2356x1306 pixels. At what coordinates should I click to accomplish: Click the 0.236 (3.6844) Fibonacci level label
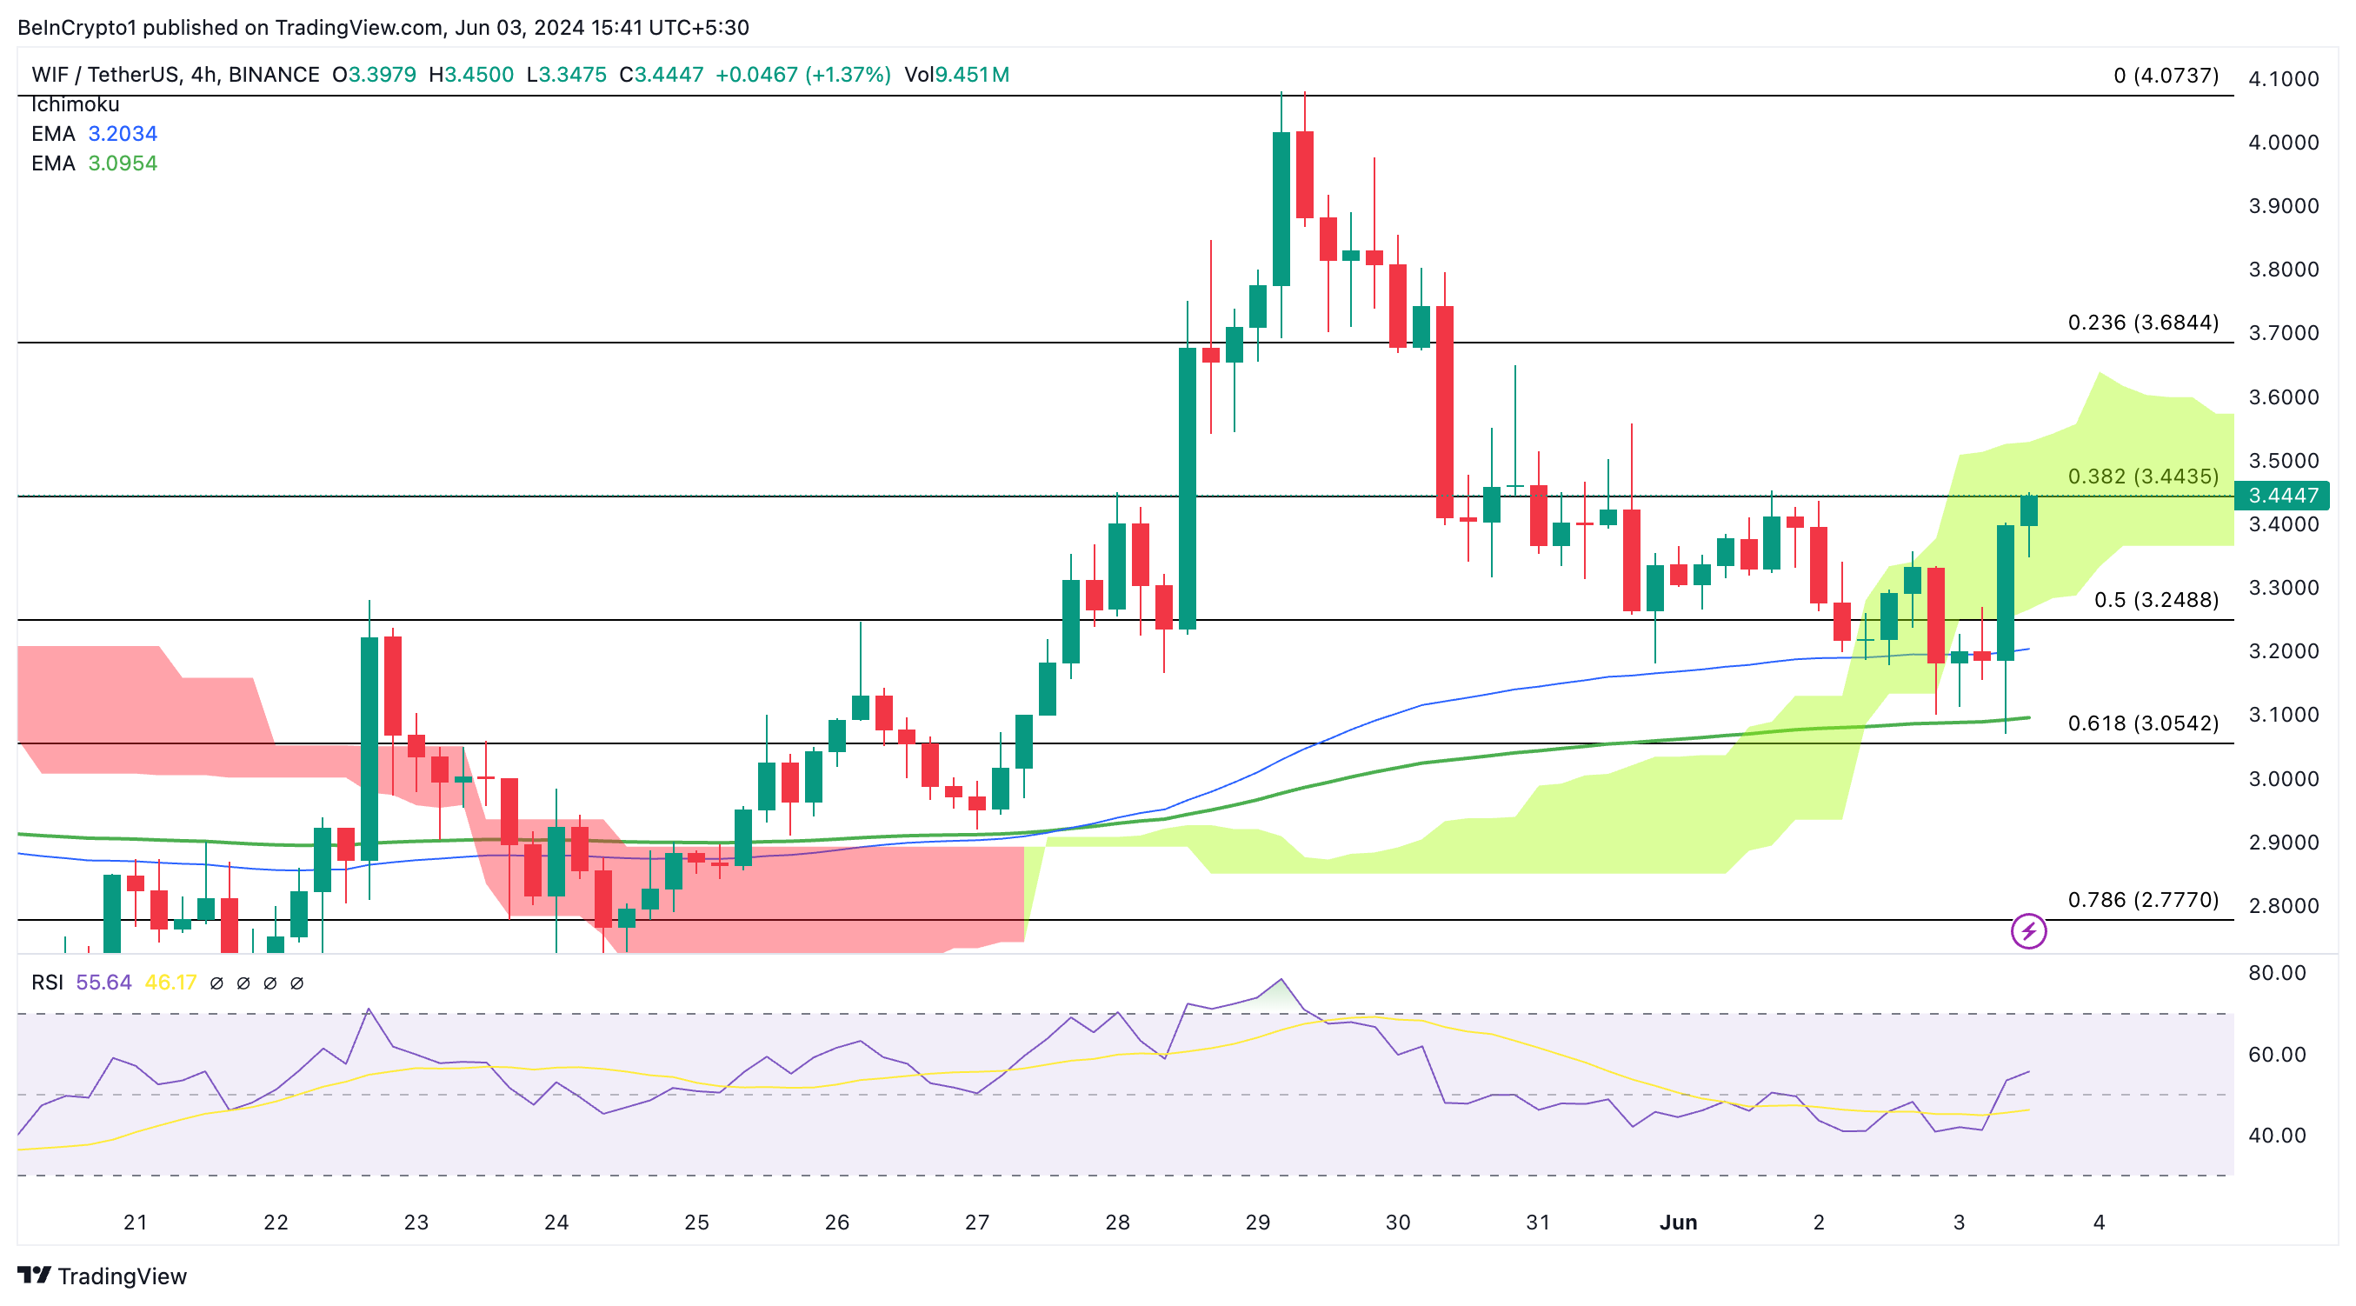point(2142,323)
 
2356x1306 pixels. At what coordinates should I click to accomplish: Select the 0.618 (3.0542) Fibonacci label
point(2142,723)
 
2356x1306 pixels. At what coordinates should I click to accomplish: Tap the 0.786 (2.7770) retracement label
point(2142,900)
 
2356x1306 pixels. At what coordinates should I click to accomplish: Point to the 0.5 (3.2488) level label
point(2156,600)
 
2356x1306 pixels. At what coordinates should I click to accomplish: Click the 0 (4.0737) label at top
point(2165,76)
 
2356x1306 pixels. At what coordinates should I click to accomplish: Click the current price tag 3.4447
point(2282,496)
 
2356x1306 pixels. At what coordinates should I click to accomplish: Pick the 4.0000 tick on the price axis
point(2283,143)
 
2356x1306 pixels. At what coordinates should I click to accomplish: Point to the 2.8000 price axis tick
point(2283,906)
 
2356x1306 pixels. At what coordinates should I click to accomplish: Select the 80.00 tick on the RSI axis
point(2276,973)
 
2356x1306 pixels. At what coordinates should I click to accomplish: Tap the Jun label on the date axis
point(1677,1223)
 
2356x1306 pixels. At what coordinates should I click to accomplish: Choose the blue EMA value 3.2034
point(123,135)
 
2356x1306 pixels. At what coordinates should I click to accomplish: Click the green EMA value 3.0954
point(123,163)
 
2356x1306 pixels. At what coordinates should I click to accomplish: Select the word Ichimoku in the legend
point(75,105)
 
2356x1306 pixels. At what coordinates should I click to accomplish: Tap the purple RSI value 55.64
point(103,983)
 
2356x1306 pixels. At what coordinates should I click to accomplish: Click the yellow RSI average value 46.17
point(171,983)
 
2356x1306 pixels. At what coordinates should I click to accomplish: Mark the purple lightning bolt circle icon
point(2027,932)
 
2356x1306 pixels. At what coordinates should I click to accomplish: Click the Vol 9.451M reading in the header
point(956,75)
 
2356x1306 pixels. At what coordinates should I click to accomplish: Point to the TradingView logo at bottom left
point(102,1276)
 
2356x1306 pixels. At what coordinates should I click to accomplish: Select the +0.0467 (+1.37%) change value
point(802,75)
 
